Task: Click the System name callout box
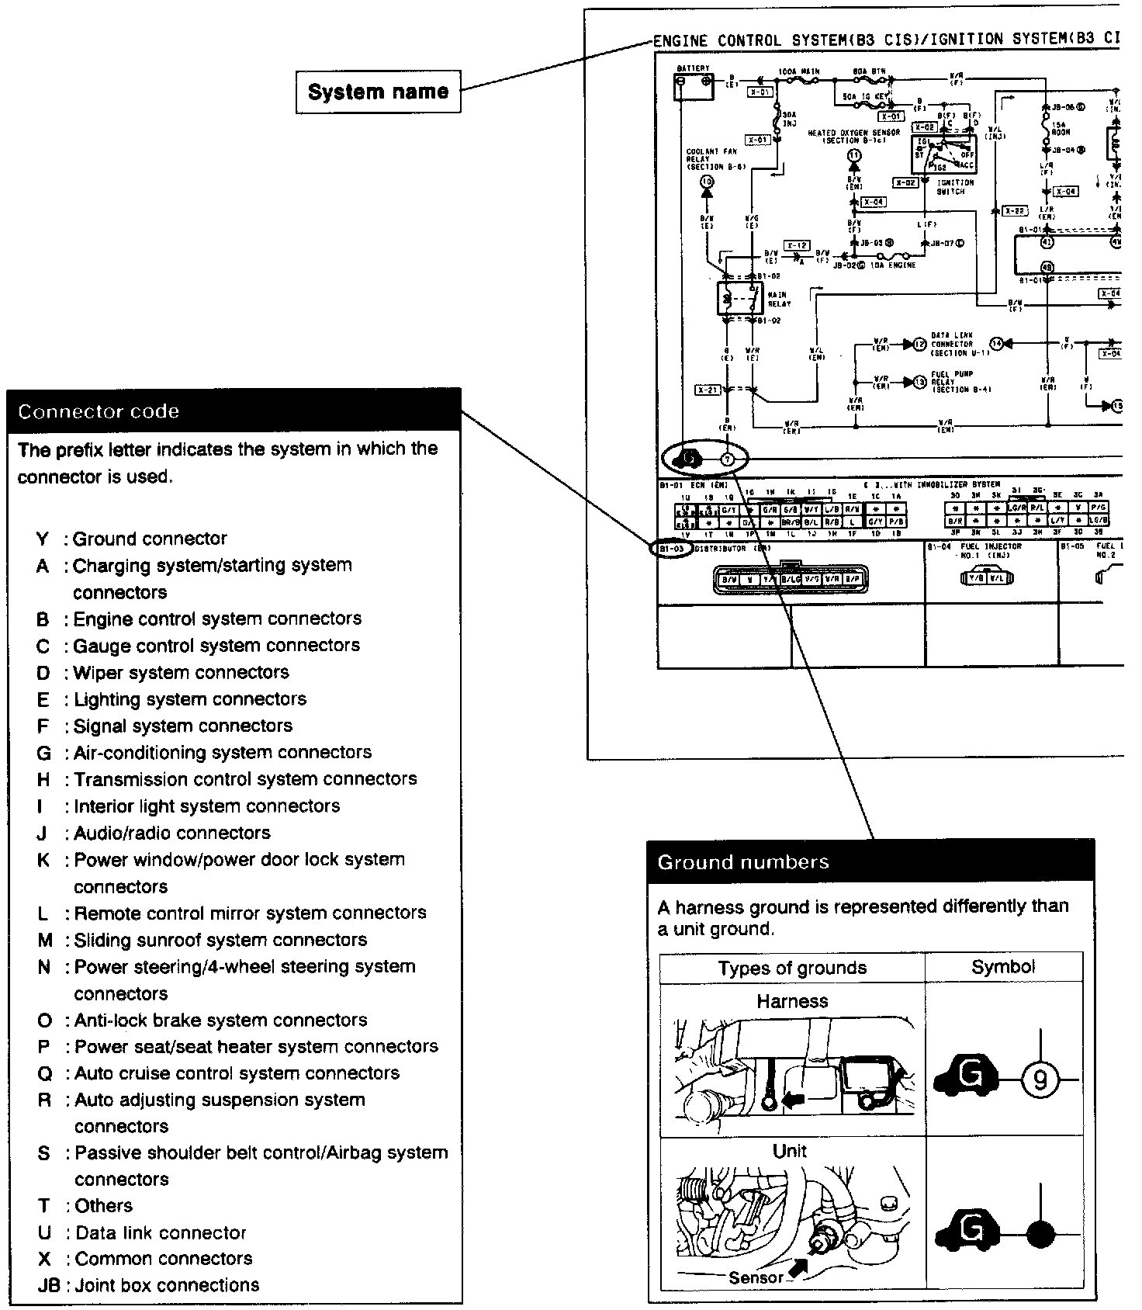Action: click(378, 92)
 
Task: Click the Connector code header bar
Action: click(234, 411)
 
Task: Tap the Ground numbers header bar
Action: click(870, 861)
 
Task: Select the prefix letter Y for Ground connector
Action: click(43, 539)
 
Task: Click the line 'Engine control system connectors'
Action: click(217, 619)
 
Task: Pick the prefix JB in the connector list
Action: click(49, 1285)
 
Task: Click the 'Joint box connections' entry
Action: click(167, 1285)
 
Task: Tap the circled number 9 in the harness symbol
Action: click(1040, 1080)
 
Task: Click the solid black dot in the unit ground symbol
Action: click(1040, 1233)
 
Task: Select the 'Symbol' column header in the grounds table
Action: click(1003, 967)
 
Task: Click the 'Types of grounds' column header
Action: click(791, 968)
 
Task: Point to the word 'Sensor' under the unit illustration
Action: click(756, 1277)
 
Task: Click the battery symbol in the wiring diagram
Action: click(694, 87)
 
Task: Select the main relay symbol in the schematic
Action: click(740, 297)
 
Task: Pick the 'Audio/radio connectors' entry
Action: click(172, 833)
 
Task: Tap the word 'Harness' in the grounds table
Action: click(792, 1001)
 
